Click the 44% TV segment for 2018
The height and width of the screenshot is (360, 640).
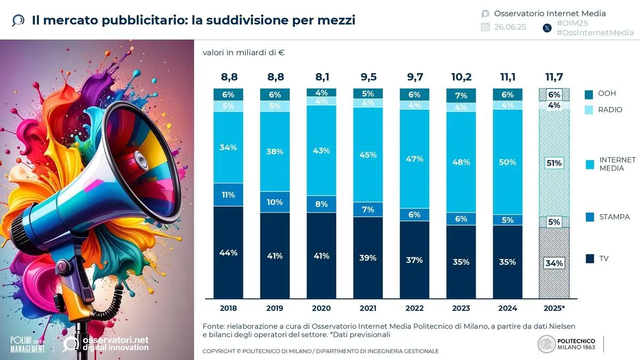point(228,253)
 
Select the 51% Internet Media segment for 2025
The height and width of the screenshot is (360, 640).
point(554,163)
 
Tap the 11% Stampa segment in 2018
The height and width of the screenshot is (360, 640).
point(228,195)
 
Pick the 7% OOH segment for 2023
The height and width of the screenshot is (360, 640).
point(461,95)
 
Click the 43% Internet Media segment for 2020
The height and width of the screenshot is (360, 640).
point(321,151)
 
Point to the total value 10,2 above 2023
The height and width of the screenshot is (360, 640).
point(461,77)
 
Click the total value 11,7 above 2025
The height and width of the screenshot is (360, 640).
point(554,77)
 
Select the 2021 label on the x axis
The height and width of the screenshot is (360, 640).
point(367,308)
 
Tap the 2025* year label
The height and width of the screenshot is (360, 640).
point(554,308)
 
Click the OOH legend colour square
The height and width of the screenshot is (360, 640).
point(589,94)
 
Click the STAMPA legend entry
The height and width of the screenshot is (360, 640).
point(614,217)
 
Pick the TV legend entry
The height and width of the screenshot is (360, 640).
point(604,259)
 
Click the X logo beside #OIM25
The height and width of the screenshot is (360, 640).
point(547,28)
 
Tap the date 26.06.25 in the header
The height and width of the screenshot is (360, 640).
point(510,27)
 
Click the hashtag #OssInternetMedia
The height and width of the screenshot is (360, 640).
point(595,33)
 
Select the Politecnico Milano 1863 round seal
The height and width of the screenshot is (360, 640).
point(546,344)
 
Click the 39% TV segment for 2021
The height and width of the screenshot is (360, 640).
point(367,258)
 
